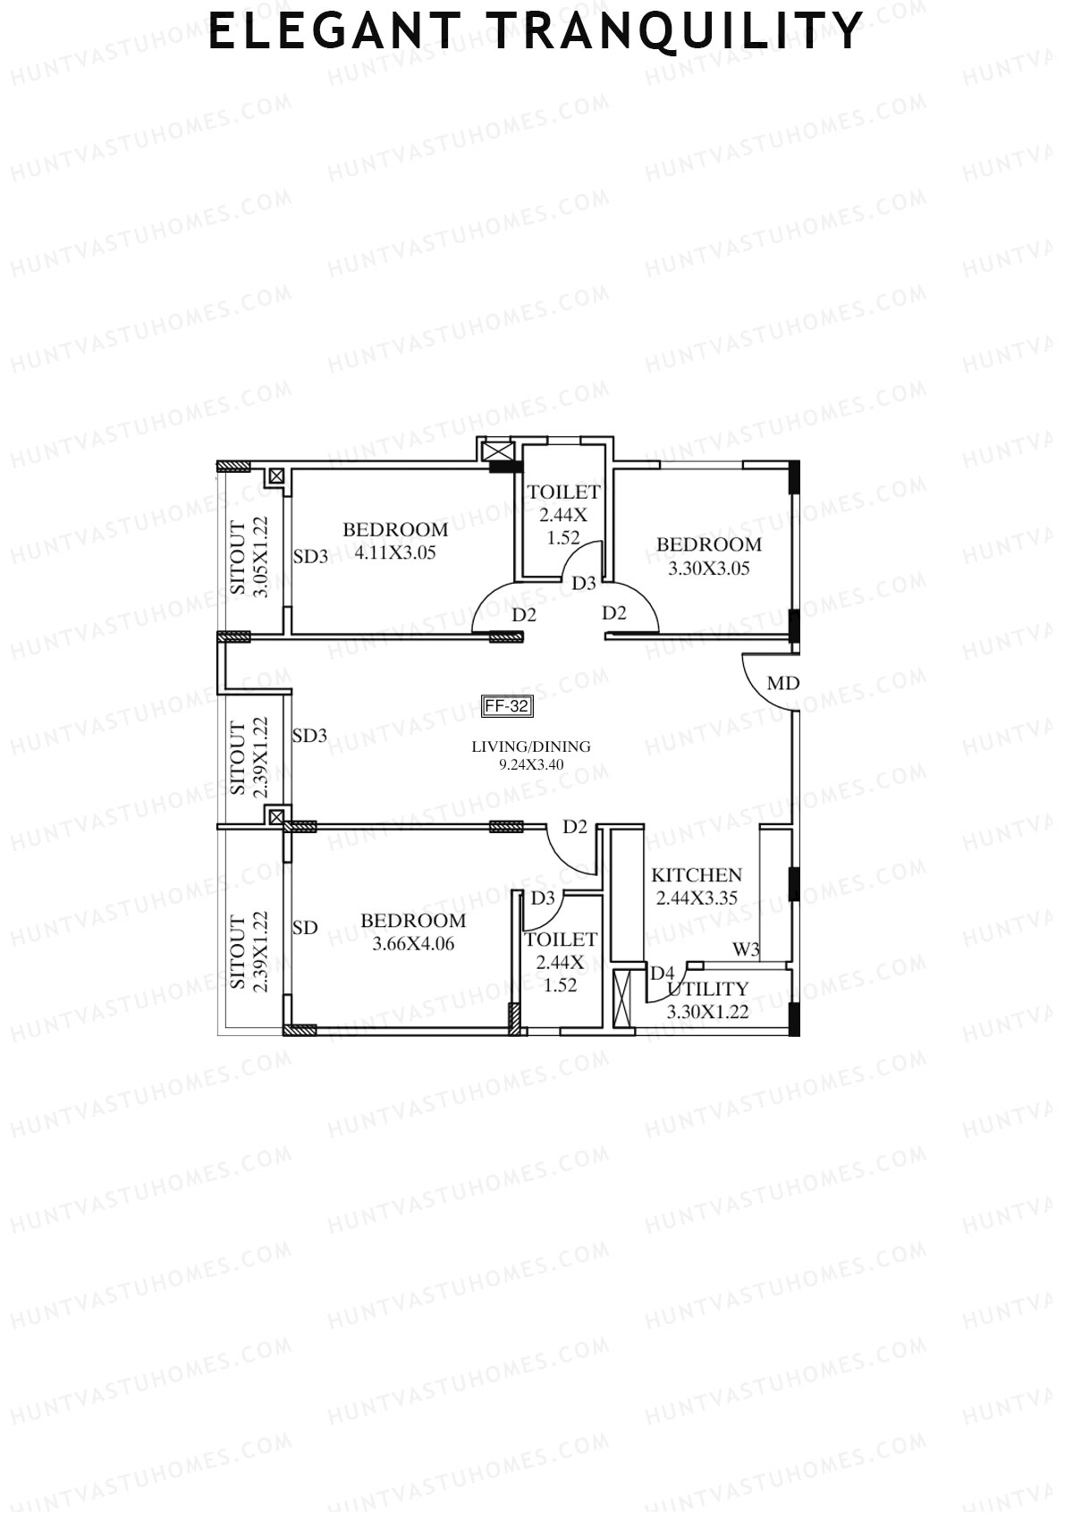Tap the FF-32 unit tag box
point(507,706)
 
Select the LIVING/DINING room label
point(531,746)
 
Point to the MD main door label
point(783,684)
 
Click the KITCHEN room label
point(697,875)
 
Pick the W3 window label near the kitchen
point(746,949)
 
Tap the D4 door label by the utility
point(662,973)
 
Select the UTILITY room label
point(708,990)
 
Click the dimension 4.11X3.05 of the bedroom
point(395,552)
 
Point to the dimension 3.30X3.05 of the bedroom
point(709,568)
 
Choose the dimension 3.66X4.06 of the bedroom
point(413,943)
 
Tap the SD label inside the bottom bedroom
point(305,928)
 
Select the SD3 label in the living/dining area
point(310,736)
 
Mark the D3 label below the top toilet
point(584,583)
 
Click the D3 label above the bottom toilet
point(543,898)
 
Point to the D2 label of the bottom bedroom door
point(575,827)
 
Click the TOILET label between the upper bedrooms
point(563,492)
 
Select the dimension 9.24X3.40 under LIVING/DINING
point(531,765)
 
